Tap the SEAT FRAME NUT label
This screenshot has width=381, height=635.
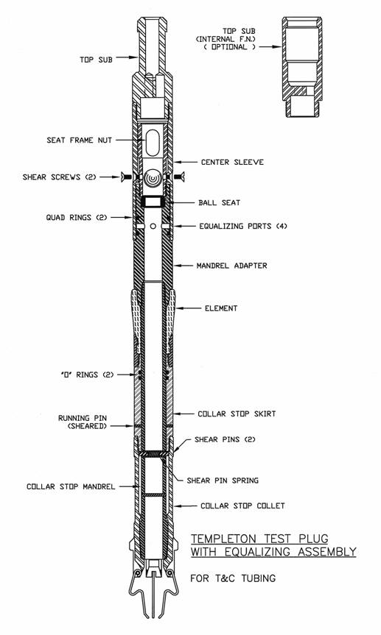coord(79,141)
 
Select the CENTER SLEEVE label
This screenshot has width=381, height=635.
coord(232,162)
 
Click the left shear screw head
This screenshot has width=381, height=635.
coord(123,177)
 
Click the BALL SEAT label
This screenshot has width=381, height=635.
coord(219,202)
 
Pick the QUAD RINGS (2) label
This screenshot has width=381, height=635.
coord(77,218)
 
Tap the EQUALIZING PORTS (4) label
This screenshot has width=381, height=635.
coord(242,226)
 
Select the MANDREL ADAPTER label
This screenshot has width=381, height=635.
coord(231,266)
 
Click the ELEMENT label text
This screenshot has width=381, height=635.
coord(221,308)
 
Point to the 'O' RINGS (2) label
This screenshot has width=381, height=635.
coord(87,375)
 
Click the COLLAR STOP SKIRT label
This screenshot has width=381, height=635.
coord(237,414)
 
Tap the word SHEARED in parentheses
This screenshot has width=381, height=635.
coord(87,427)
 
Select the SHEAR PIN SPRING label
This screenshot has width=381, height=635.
coord(223,480)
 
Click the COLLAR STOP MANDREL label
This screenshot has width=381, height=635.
coord(71,486)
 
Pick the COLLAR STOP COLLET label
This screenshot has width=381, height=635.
coord(242,505)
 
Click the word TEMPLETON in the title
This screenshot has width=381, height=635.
coord(224,539)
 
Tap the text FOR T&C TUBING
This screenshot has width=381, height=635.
coord(233,578)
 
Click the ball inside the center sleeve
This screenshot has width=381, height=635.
coord(153,177)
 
